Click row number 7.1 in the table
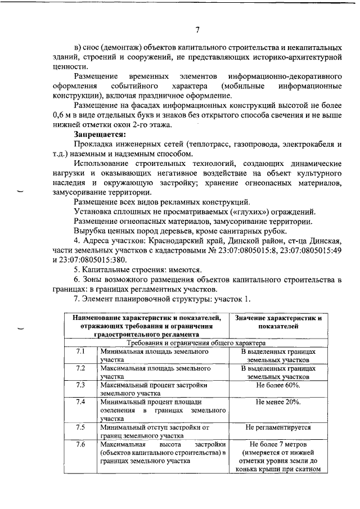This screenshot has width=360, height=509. click(80, 352)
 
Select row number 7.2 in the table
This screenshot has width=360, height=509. click(80, 368)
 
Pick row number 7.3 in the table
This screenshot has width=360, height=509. click(80, 385)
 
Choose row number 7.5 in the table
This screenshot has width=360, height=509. click(80, 427)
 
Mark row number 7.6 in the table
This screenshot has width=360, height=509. click(80, 444)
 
